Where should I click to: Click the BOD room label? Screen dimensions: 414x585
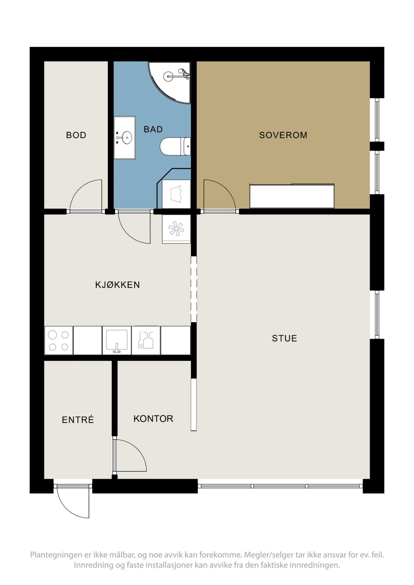[x=76, y=135]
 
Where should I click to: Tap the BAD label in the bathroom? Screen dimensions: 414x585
[x=153, y=129]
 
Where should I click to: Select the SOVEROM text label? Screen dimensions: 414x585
[x=283, y=135]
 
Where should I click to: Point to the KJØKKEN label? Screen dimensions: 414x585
[x=117, y=285]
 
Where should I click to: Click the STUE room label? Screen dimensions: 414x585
[x=285, y=338]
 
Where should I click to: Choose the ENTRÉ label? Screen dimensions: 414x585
[x=78, y=420]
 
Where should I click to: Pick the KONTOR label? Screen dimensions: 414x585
[x=153, y=419]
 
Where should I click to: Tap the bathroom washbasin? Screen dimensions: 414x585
[x=125, y=138]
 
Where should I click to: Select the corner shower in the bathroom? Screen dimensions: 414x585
[x=169, y=82]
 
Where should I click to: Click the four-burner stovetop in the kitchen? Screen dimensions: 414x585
[x=59, y=341]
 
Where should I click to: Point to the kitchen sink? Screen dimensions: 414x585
[x=117, y=341]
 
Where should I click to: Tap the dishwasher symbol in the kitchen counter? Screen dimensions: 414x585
[x=146, y=341]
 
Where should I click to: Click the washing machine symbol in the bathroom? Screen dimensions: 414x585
[x=176, y=194]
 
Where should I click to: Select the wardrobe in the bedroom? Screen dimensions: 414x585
[x=292, y=196]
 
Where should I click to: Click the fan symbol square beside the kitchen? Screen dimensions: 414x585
[x=176, y=229]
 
